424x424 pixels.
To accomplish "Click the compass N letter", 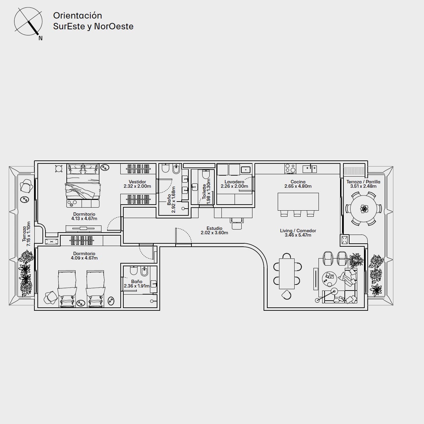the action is pos(40,38).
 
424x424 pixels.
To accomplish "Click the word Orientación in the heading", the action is pos(78,16).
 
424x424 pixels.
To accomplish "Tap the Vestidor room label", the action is pos(137,182).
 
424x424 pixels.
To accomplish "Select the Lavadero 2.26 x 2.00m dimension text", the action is pos(234,186).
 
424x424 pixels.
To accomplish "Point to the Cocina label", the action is pos(298,182).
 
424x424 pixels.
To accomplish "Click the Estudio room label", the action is pos(214,229).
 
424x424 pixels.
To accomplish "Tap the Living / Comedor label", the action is pos(298,231).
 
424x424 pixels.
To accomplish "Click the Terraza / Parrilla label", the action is pos(363,182).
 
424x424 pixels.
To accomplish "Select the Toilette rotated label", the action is pos(204,192).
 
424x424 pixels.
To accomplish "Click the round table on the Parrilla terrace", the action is pos(364,208).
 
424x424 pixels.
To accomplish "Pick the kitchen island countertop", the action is pos(298,202).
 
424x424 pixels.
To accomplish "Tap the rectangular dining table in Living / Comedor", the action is pos(287,274).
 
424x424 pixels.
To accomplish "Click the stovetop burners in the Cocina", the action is pos(290,168).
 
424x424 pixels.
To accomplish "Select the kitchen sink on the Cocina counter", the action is pos(310,169).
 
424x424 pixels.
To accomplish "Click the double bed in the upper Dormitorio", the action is pos(83,182).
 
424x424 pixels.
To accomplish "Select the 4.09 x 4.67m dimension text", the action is pos(84,258).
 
